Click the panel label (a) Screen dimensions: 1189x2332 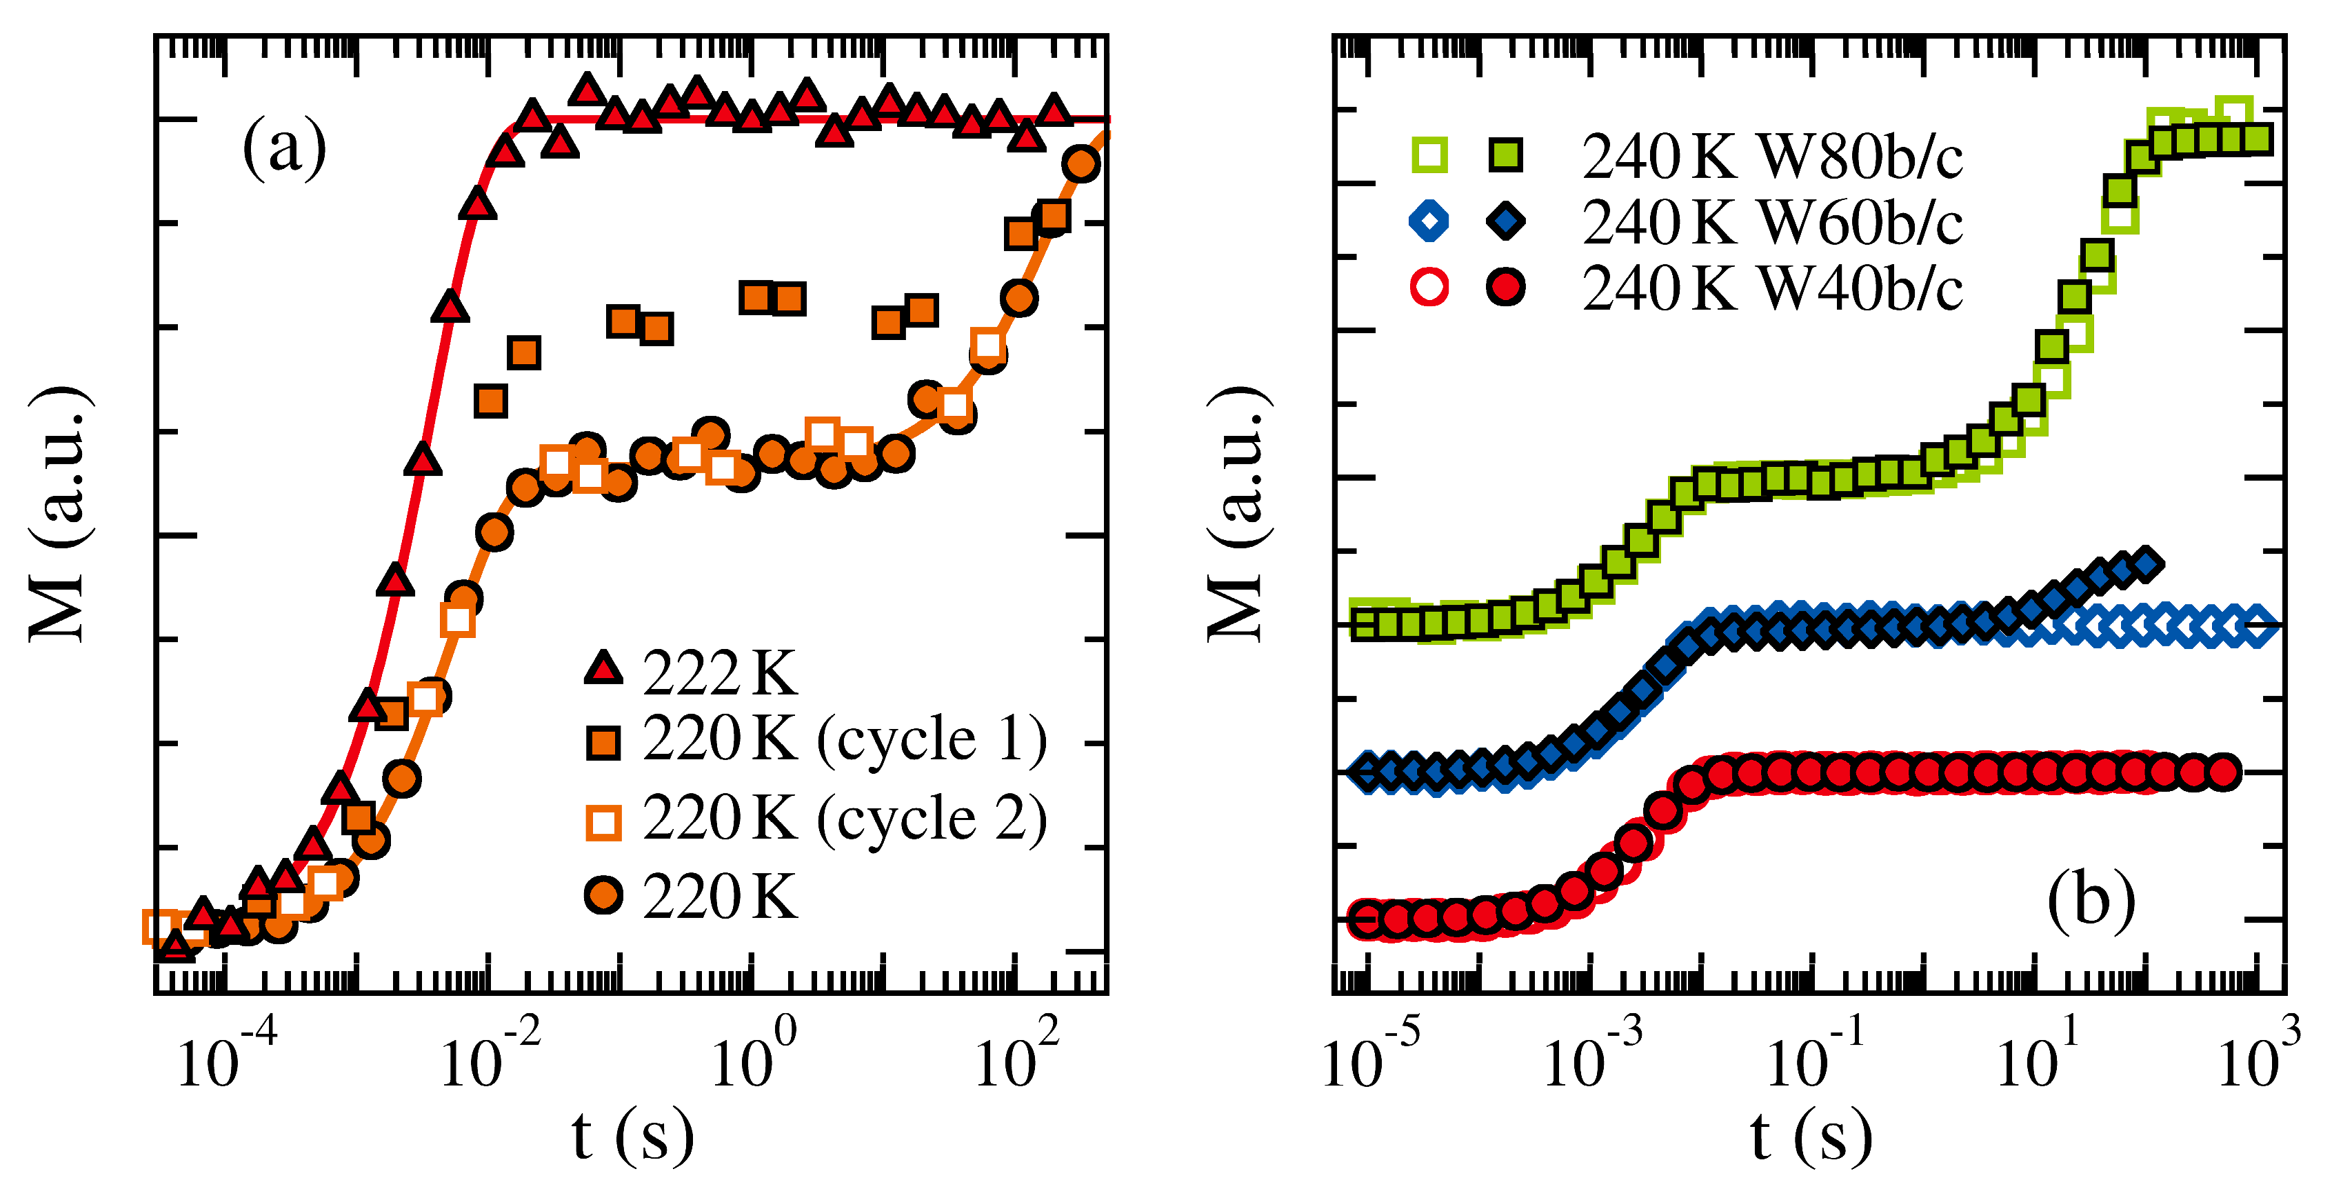[284, 148]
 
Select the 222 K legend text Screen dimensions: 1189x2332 [720, 674]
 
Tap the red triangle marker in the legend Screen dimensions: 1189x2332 [603, 668]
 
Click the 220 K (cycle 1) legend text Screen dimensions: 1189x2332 [844, 740]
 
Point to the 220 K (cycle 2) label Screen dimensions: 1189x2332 [844, 819]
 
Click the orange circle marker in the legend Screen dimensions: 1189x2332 [603, 896]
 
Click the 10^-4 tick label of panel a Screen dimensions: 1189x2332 [225, 1056]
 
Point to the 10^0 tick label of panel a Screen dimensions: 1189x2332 [752, 1056]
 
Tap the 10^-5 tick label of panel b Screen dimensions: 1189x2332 [1369, 1056]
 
